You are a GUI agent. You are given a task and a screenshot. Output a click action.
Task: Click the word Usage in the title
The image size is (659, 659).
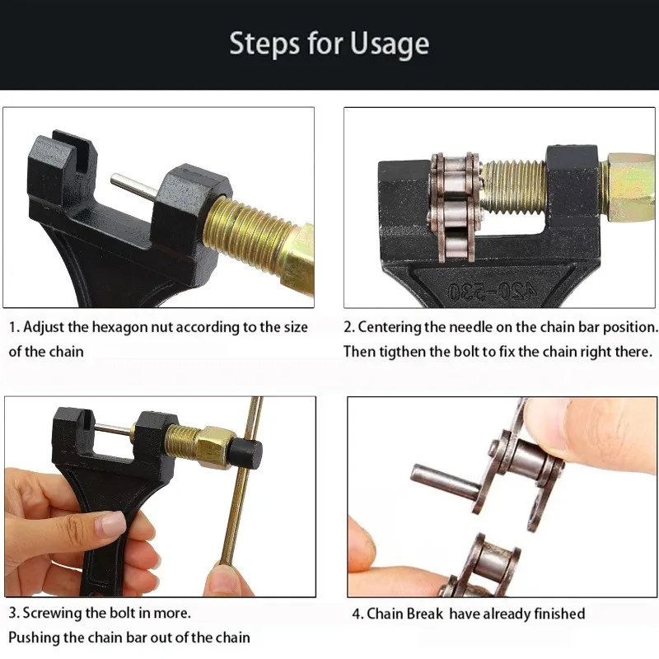pyautogui.click(x=389, y=44)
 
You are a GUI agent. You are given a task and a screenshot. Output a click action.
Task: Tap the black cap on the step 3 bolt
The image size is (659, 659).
pyautogui.click(x=245, y=456)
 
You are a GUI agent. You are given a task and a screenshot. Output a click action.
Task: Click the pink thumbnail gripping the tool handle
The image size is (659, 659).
pyautogui.click(x=111, y=525)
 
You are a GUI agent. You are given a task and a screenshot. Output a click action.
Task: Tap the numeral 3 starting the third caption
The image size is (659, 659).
pyautogui.click(x=12, y=613)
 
